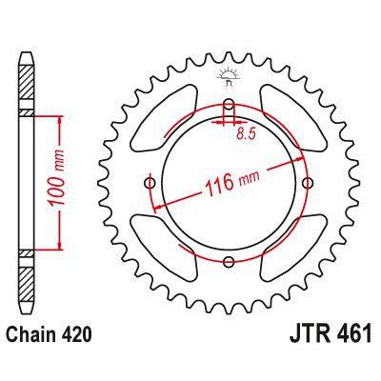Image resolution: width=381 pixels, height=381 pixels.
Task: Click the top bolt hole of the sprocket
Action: point(228,106)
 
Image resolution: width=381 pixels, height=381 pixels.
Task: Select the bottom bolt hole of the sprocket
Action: point(228,262)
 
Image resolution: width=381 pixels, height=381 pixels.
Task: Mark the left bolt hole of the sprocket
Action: point(150,184)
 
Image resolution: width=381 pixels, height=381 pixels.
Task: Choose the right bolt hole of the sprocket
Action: point(306,184)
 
